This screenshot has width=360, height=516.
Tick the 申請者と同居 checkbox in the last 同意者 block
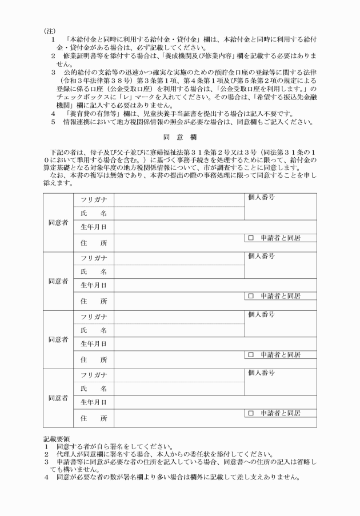click(250, 413)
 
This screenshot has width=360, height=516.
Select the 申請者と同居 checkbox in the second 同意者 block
click(250, 296)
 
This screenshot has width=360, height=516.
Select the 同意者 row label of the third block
click(58, 339)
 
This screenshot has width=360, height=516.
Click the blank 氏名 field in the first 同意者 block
click(179, 213)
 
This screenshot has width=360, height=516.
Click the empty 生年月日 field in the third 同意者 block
click(215, 343)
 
